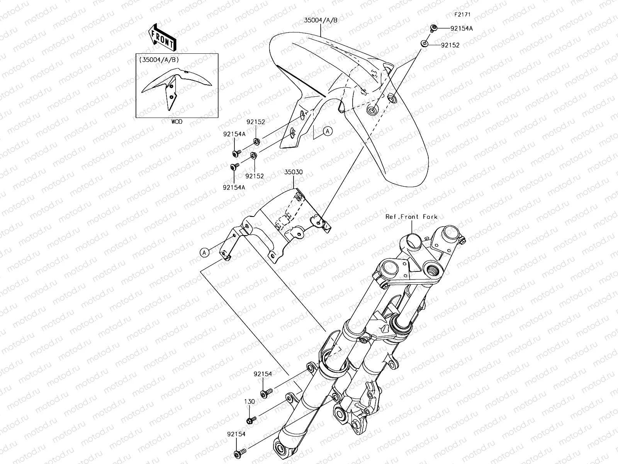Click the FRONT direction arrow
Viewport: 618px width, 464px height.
162,38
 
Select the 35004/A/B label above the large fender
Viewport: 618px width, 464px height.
321,20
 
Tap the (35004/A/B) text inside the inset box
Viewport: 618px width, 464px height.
159,60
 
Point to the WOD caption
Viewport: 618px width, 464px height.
177,122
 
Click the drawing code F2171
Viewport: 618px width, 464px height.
462,14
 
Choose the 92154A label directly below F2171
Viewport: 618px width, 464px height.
462,29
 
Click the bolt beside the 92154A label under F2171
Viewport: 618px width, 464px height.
434,28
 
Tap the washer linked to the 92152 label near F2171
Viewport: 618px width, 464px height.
424,44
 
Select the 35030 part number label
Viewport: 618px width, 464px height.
294,172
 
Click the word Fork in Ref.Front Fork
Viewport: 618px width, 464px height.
430,217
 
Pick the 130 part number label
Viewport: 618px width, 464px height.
250,401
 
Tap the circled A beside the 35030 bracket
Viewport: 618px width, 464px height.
204,252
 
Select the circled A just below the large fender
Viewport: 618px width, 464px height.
328,131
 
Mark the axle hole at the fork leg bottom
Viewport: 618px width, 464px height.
280,448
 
